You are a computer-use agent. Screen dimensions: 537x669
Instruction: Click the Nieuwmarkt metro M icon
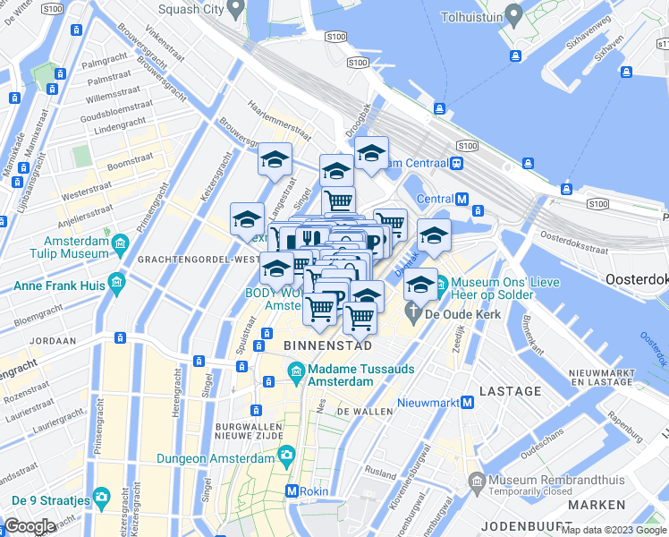467,403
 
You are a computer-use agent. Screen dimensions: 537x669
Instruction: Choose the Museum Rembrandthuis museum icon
477,483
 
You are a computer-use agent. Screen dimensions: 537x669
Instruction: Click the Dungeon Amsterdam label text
215,458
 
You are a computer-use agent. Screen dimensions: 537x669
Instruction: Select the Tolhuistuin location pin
513,14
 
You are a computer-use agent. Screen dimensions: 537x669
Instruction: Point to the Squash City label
191,10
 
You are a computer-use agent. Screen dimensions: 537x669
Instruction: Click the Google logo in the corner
30,526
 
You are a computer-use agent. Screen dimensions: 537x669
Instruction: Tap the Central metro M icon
462,199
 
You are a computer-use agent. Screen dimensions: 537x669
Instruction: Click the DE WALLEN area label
365,412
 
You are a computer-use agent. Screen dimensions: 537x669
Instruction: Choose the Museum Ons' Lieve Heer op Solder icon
441,287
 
